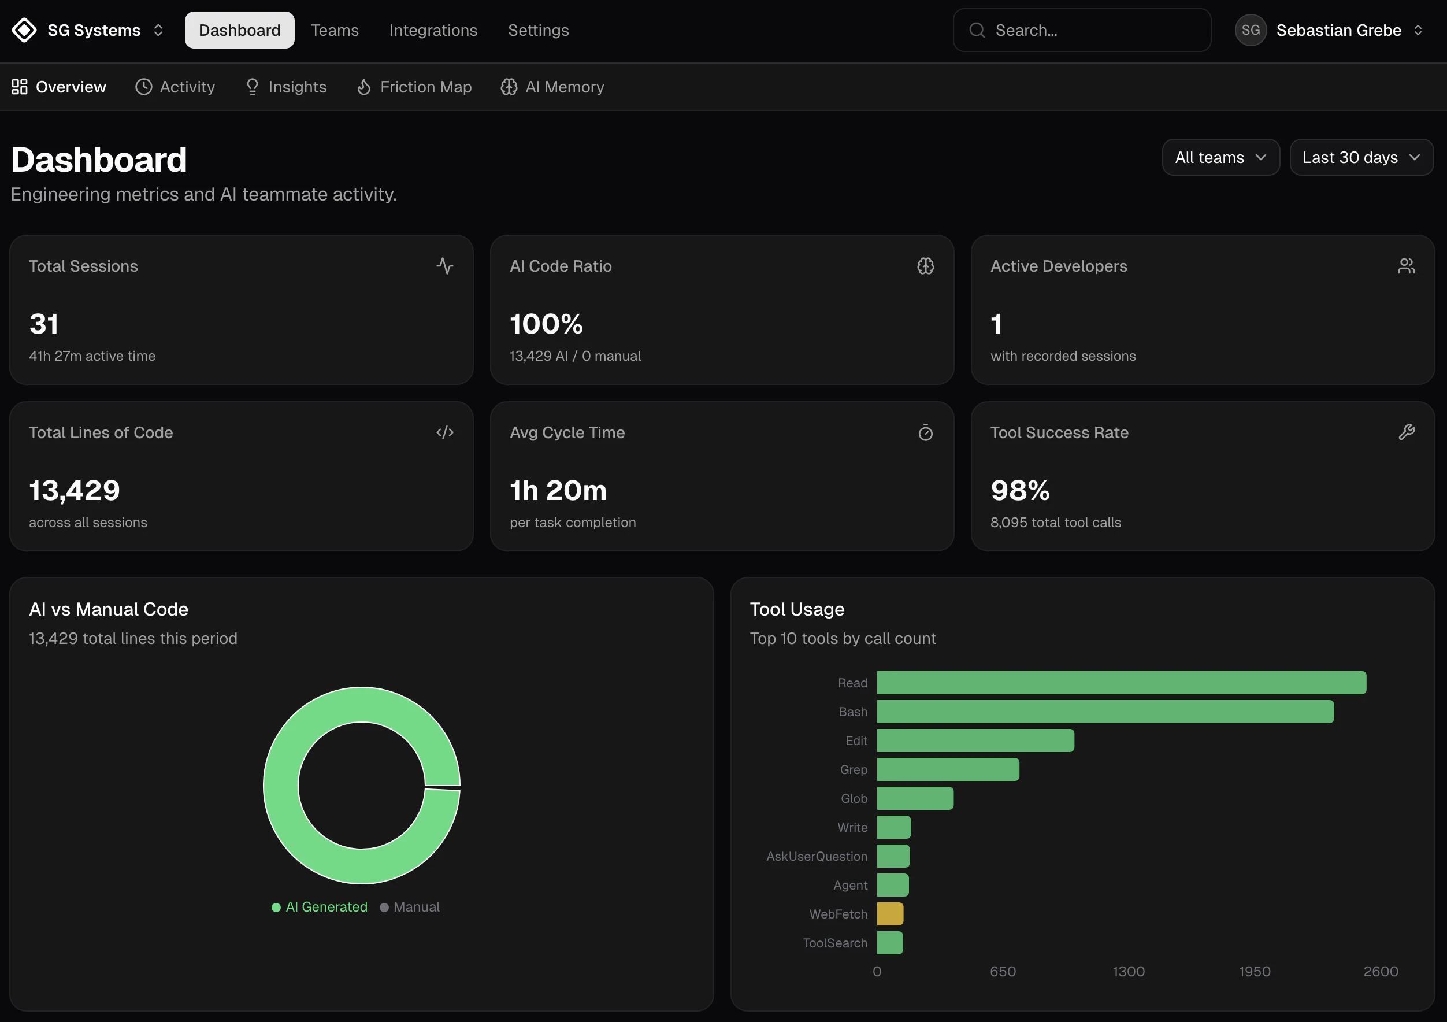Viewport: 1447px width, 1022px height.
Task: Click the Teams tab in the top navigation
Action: pyautogui.click(x=335, y=30)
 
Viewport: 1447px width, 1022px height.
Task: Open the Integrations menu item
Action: pyautogui.click(x=433, y=30)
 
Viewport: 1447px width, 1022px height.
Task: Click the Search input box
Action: pyautogui.click(x=1081, y=30)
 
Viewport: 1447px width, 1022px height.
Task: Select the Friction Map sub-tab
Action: pyautogui.click(x=414, y=87)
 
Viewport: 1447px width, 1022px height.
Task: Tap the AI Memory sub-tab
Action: pyautogui.click(x=552, y=87)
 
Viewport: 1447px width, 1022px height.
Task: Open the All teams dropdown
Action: pyautogui.click(x=1220, y=158)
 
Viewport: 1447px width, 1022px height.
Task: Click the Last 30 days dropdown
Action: pyautogui.click(x=1361, y=158)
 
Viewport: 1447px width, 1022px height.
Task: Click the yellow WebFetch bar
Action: pyautogui.click(x=890, y=913)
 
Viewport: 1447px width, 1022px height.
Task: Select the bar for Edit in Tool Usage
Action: pyautogui.click(x=975, y=740)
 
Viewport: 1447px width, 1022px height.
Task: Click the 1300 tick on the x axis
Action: pyautogui.click(x=1128, y=972)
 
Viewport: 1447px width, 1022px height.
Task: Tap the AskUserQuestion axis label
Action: pyautogui.click(x=816, y=856)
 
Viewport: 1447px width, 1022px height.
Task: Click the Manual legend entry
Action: pyautogui.click(x=410, y=906)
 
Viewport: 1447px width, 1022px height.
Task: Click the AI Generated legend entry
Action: pyautogui.click(x=320, y=906)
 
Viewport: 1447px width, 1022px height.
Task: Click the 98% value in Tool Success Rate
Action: pyautogui.click(x=1020, y=491)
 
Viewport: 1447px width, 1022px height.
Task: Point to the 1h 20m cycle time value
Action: pyautogui.click(x=558, y=491)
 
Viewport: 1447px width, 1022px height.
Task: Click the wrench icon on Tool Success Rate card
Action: pyautogui.click(x=1406, y=432)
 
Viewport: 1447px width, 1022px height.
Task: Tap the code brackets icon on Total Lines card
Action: pyautogui.click(x=445, y=432)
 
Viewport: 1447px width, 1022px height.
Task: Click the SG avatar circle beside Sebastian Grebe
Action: pyautogui.click(x=1251, y=30)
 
